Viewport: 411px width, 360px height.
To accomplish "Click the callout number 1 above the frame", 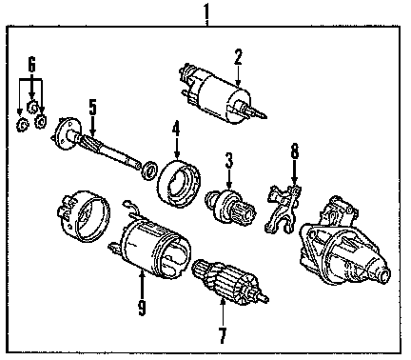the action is point(206,11).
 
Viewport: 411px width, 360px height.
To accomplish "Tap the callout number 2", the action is point(238,57).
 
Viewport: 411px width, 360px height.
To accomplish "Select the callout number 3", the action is point(229,160).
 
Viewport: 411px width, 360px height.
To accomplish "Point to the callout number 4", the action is point(176,130).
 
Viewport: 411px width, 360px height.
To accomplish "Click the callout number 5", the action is point(92,108).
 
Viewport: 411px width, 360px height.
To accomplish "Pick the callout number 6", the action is point(31,65).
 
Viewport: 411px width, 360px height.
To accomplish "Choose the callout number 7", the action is point(223,335).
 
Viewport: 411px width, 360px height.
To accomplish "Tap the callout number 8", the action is point(295,151).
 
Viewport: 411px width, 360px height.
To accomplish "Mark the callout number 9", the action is point(142,307).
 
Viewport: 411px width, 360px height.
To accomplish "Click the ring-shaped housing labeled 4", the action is point(179,184).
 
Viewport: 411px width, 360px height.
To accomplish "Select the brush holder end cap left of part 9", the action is point(84,216).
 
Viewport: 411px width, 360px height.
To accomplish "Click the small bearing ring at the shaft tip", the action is point(149,170).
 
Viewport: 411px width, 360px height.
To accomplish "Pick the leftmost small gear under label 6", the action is point(22,125).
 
